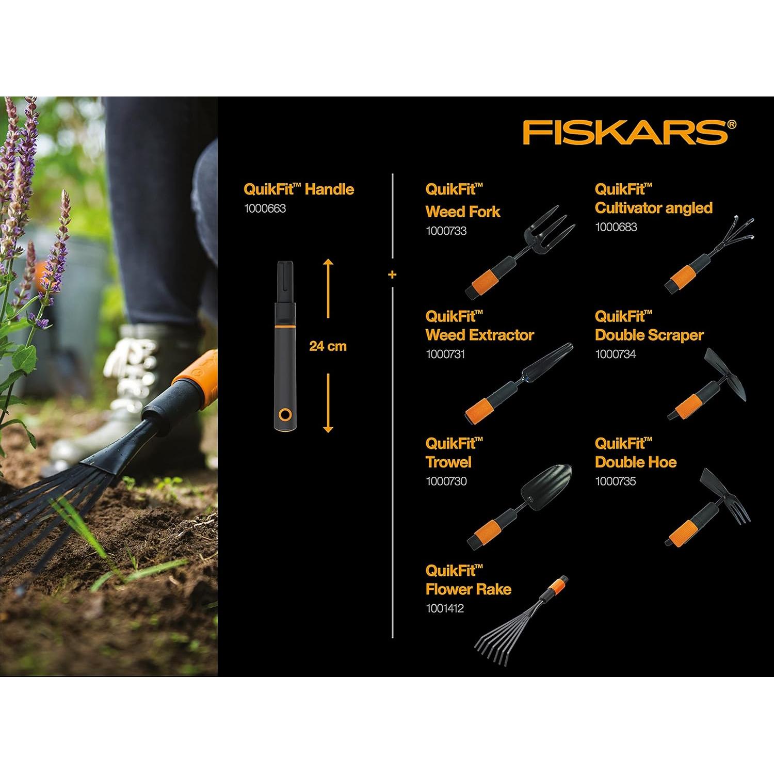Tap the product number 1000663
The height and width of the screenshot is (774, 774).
click(265, 208)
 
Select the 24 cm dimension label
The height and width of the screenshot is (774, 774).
click(328, 346)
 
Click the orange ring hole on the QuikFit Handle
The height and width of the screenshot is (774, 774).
click(284, 415)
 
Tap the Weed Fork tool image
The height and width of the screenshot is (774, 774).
click(521, 253)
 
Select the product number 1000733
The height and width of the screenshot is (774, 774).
click(446, 231)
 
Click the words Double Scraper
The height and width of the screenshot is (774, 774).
click(649, 335)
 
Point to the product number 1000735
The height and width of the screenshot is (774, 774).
click(615, 481)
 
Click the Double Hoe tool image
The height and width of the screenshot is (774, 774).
click(710, 508)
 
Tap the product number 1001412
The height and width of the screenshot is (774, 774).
click(444, 608)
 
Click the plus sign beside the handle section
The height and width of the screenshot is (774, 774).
click(392, 274)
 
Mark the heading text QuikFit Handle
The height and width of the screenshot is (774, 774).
click(298, 189)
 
